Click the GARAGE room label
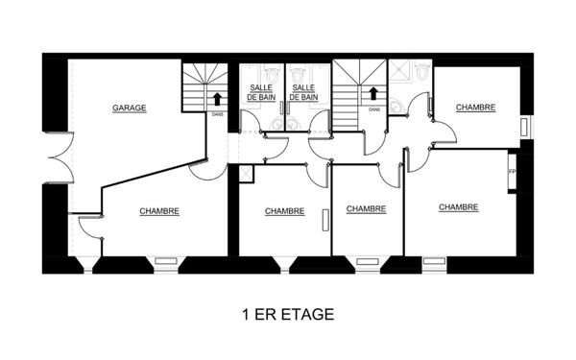click(x=129, y=108)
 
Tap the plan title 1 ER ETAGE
click(x=288, y=314)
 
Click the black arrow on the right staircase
click(x=372, y=95)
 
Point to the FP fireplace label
click(x=511, y=172)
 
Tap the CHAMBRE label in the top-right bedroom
click(x=475, y=108)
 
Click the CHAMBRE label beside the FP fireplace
click(x=459, y=206)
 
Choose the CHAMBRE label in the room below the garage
click(x=158, y=211)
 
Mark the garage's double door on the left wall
click(x=56, y=158)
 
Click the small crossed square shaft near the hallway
click(x=245, y=173)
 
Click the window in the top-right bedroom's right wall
click(x=523, y=126)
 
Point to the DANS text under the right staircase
click(x=372, y=109)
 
